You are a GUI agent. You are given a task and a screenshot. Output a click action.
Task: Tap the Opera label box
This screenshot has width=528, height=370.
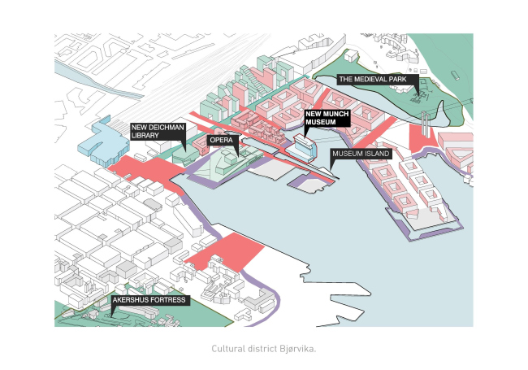223,140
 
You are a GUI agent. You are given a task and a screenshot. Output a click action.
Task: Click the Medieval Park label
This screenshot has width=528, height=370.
376,79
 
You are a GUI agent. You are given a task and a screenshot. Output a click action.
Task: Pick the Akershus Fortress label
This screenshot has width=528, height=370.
150,301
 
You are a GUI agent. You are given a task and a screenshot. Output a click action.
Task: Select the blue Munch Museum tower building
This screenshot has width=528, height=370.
305,148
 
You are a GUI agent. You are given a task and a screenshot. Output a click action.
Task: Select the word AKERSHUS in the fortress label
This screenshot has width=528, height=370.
132,301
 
